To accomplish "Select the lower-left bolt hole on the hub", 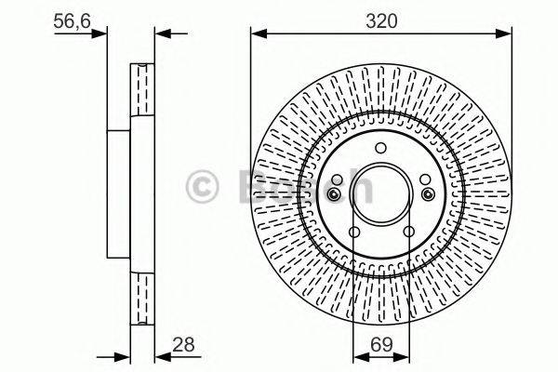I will click(x=353, y=232).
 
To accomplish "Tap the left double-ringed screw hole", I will click(x=334, y=194).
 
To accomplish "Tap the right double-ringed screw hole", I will click(x=427, y=194).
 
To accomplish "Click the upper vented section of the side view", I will click(x=142, y=89).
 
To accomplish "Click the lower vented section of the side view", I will click(x=142, y=298).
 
